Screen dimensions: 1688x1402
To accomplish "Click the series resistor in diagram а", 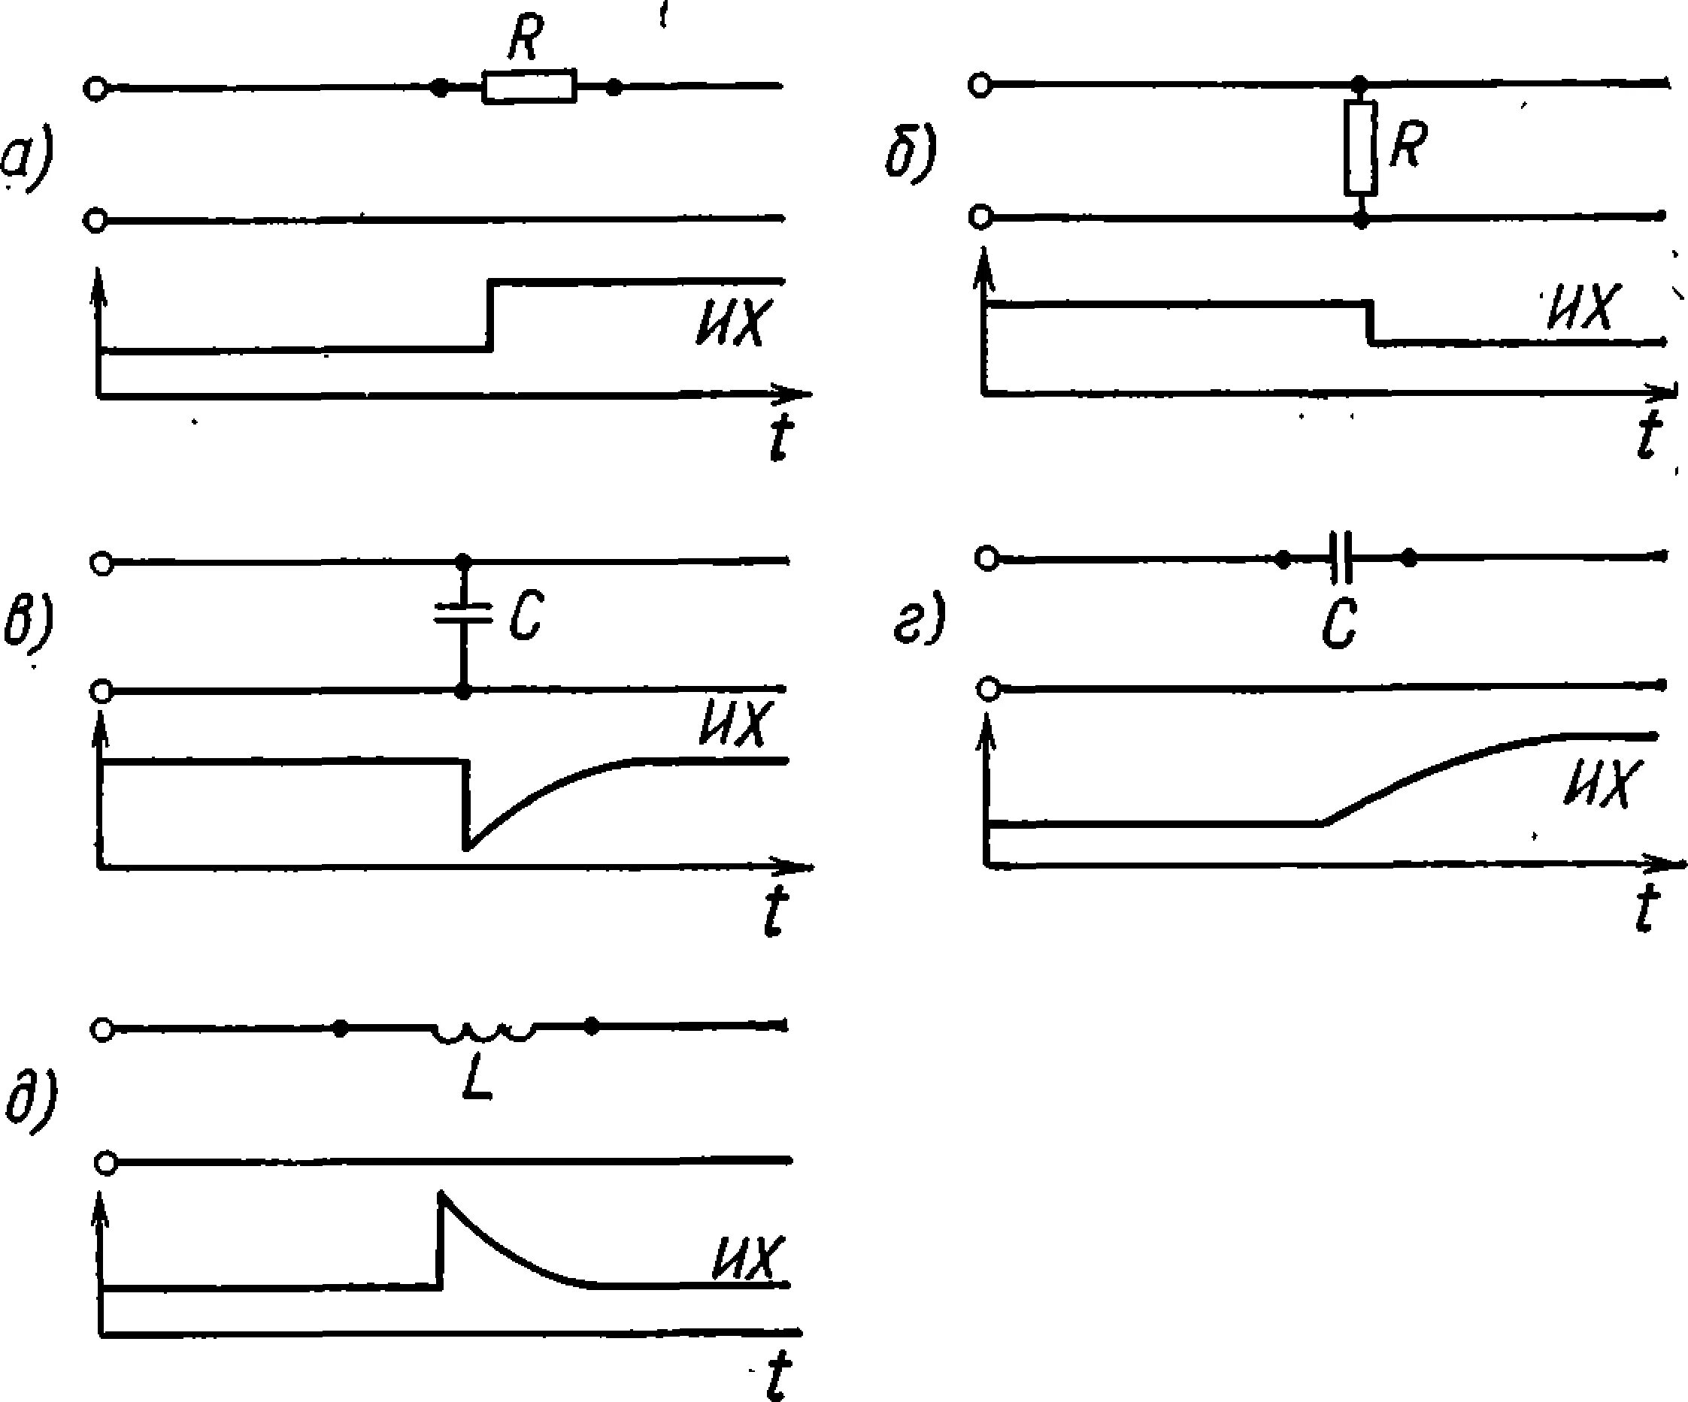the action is click(x=529, y=86).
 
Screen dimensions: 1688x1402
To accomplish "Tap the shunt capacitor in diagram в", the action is click(x=462, y=615).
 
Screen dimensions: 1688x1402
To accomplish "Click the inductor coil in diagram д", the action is click(x=484, y=1031).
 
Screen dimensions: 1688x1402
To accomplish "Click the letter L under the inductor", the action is click(x=477, y=1080).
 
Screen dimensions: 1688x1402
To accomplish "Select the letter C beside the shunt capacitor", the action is click(x=526, y=616).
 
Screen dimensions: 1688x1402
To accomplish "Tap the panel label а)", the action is click(x=26, y=161).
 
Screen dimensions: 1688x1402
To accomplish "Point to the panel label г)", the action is click(x=919, y=618).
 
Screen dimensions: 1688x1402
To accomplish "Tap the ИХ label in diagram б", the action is click(x=1580, y=307).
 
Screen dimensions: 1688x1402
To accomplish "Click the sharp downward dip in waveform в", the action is click(x=465, y=846).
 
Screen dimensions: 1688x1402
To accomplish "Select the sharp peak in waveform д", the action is click(x=441, y=1195).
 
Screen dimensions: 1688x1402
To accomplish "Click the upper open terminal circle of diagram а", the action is click(x=95, y=89).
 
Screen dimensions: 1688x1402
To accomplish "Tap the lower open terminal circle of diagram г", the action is click(x=989, y=689).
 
